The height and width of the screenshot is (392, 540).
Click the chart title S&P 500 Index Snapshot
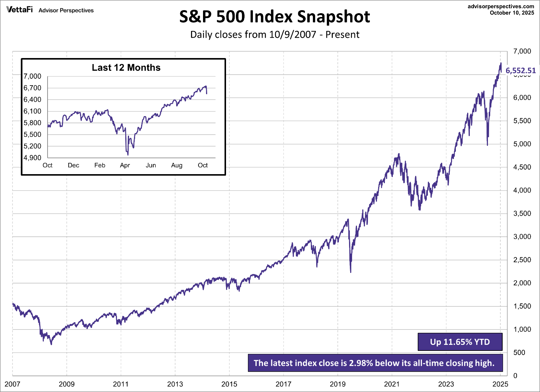click(x=274, y=17)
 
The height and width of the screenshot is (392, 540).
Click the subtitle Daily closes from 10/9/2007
click(x=274, y=35)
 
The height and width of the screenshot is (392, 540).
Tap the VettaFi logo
click(x=20, y=10)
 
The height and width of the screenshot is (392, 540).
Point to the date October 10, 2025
click(x=512, y=13)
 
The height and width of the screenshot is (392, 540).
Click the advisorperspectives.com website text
click(x=501, y=6)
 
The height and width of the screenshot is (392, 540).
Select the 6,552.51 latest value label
click(x=520, y=70)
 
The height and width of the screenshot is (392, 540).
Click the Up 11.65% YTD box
click(x=460, y=342)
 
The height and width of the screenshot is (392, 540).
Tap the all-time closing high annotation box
click(x=375, y=363)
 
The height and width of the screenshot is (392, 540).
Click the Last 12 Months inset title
click(x=126, y=68)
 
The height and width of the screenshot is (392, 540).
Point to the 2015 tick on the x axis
click(x=229, y=384)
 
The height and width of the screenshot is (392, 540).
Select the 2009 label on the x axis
click(x=67, y=384)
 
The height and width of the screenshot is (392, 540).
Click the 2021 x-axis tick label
click(x=392, y=384)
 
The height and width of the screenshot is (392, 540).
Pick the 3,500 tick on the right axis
click(x=522, y=213)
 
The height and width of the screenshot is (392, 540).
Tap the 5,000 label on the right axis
click(x=522, y=144)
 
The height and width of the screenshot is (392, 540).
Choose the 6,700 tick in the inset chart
click(x=32, y=88)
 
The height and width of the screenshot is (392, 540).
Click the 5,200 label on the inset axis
click(x=32, y=146)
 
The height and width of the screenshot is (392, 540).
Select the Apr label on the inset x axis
click(x=125, y=165)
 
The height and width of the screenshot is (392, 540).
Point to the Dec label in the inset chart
click(x=74, y=165)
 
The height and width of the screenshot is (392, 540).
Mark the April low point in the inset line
click(x=128, y=155)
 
